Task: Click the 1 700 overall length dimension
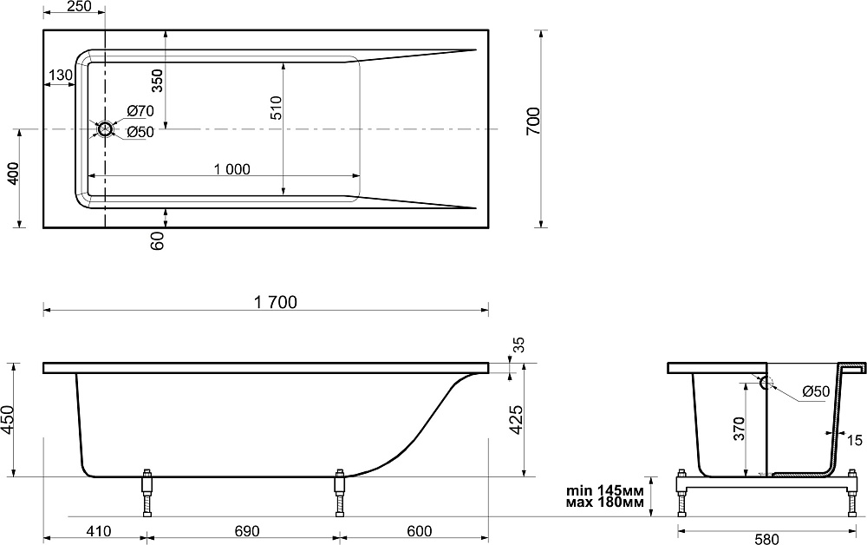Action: [x=276, y=302]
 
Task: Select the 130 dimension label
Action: [x=61, y=75]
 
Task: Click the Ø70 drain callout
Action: [x=140, y=111]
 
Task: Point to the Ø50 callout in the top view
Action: [x=140, y=132]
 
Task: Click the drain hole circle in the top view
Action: [x=105, y=129]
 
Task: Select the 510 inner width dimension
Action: [x=276, y=108]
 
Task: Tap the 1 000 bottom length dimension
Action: [x=232, y=168]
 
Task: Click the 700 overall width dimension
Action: [x=533, y=121]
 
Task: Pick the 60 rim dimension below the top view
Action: [x=158, y=241]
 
